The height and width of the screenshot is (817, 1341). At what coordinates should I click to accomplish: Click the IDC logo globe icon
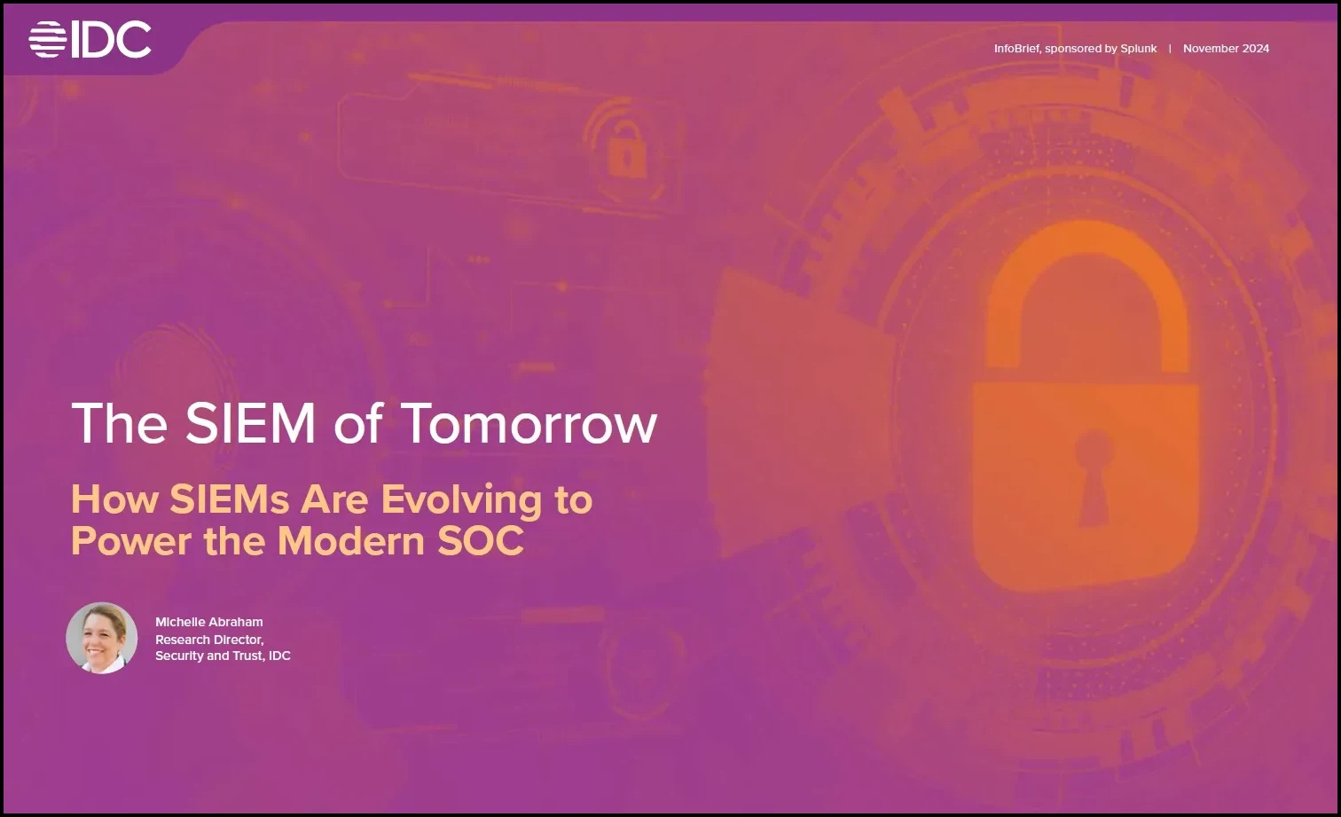47,40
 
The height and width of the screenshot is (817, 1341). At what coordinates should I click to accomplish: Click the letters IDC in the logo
112,40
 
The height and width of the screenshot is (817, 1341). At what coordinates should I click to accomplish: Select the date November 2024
1226,49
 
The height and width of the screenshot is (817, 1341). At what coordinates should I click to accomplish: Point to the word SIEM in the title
250,423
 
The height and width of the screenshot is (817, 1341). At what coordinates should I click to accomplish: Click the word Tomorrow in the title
531,423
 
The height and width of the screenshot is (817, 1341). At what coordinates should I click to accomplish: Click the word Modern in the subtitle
351,540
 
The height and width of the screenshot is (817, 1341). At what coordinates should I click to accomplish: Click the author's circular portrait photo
102,638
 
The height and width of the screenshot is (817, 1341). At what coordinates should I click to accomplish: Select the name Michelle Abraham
209,622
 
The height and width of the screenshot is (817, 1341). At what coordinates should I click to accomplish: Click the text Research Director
209,639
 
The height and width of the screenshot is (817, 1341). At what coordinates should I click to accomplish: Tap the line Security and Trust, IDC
223,656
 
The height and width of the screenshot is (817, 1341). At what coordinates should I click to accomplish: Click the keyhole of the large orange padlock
1094,477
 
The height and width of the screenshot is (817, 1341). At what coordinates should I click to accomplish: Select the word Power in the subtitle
131,540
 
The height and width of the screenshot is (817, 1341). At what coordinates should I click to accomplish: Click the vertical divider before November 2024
1170,49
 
